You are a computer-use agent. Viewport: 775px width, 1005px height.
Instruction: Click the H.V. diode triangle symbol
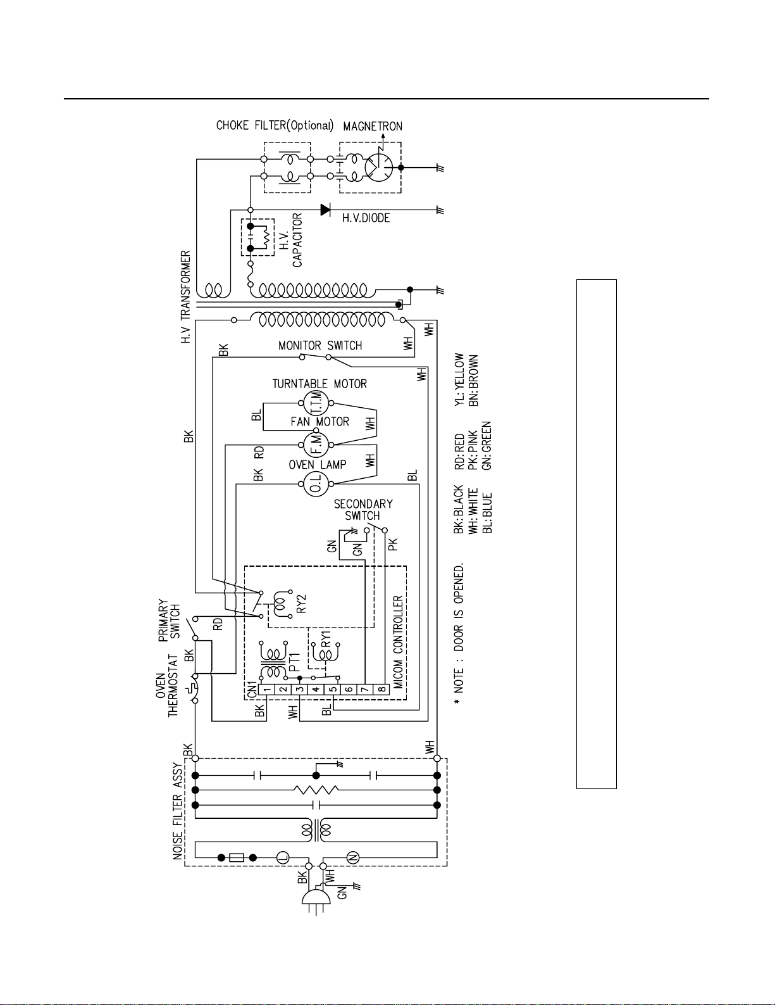point(325,210)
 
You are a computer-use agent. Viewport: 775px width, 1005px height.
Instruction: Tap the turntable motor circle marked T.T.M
point(316,403)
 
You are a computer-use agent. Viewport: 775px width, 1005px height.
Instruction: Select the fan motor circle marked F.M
point(316,445)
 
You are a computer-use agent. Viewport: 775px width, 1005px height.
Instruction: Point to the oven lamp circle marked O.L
point(316,484)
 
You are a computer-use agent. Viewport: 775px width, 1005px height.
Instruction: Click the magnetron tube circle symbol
point(379,167)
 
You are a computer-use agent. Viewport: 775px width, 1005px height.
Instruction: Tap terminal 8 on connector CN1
point(382,690)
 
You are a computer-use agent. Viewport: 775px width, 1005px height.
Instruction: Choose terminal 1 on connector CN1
point(266,690)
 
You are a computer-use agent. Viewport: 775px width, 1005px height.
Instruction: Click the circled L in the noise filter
point(283,858)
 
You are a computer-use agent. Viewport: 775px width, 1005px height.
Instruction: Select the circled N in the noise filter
point(353,858)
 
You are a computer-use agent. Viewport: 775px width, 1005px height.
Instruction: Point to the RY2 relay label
point(301,604)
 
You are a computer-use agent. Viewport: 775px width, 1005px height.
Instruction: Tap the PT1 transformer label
point(295,662)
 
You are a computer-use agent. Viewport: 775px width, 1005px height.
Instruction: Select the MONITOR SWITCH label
point(320,346)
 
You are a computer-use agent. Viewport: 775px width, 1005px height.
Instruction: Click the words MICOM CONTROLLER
point(398,642)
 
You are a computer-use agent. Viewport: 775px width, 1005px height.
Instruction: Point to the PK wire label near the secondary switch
point(393,545)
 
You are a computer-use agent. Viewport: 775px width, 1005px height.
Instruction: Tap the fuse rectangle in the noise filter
point(237,858)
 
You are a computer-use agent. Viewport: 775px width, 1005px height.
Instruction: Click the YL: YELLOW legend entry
point(459,380)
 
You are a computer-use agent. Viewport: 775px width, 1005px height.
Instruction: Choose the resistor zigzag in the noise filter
point(316,790)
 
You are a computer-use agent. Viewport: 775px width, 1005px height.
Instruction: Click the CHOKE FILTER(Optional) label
point(275,126)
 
